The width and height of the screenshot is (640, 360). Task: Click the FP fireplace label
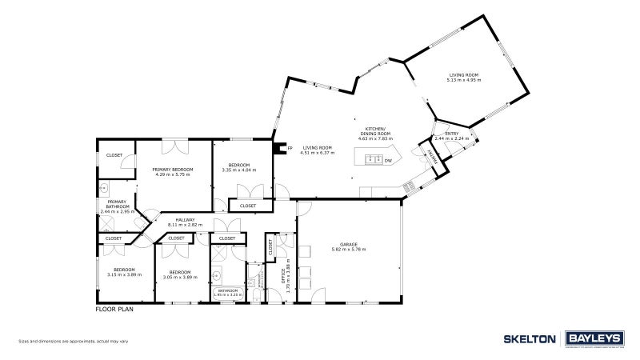pos(290,148)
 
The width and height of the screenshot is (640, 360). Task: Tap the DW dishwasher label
pos(388,161)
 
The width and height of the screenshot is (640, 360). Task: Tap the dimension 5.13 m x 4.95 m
pos(463,80)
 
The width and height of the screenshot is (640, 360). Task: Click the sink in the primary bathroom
pos(104,189)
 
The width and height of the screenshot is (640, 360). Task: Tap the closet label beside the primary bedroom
pos(114,154)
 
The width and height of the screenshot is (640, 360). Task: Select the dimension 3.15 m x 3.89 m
pos(124,274)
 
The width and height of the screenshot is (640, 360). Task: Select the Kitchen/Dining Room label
pos(375,134)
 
